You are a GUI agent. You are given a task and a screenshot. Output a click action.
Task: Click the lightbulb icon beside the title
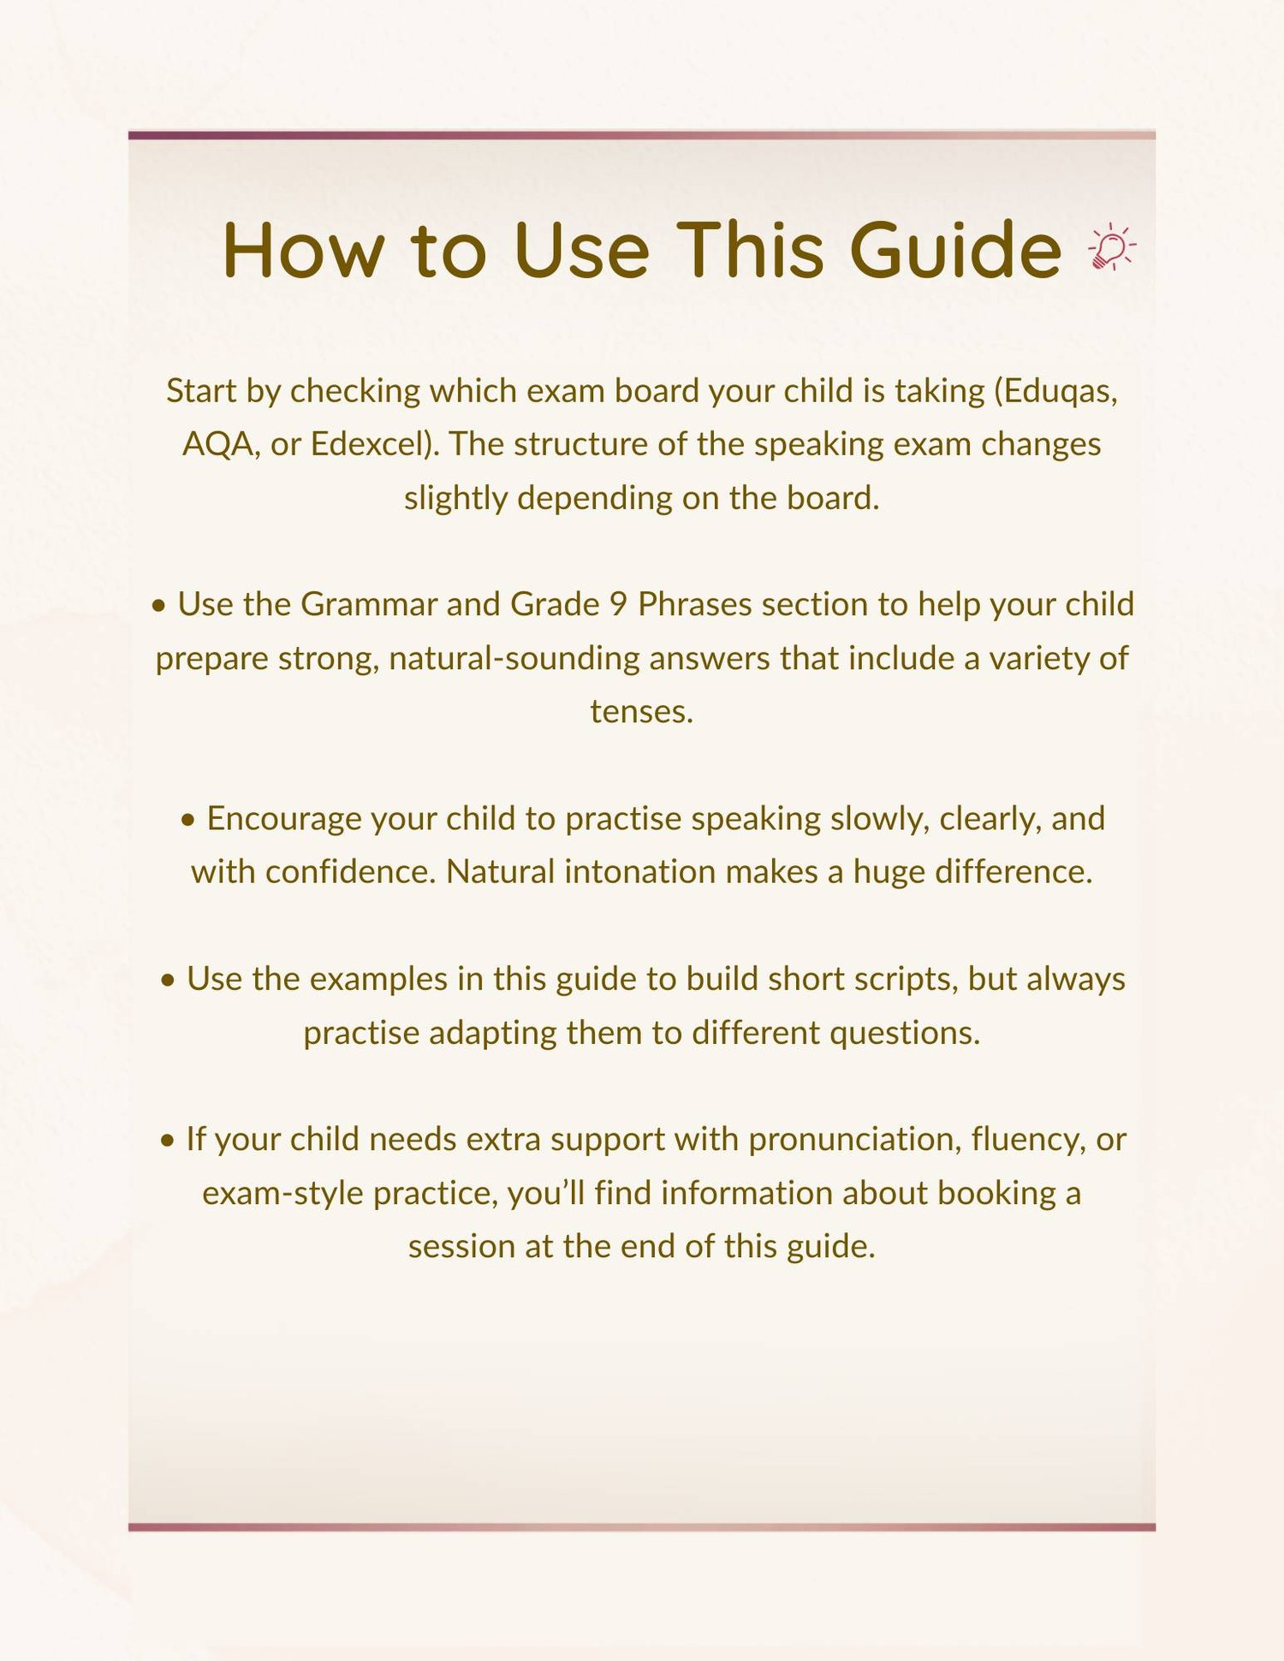point(1112,248)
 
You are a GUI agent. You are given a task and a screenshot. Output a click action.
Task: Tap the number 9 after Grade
point(618,604)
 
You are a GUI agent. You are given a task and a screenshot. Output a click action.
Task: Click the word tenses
point(641,711)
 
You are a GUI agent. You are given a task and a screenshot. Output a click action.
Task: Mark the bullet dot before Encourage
point(188,821)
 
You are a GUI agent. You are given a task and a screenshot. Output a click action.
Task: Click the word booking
point(996,1193)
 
